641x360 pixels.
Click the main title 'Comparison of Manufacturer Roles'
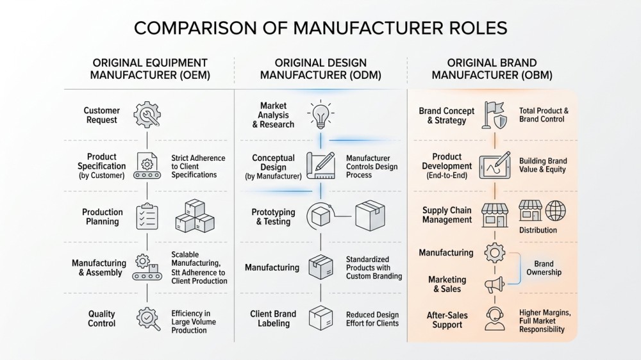320,28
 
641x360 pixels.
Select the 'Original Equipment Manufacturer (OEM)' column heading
150,69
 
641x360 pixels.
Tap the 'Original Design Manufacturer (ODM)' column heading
320,69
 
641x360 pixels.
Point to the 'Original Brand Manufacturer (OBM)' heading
492,69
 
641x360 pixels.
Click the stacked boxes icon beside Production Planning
194,217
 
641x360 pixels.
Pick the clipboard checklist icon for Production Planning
147,217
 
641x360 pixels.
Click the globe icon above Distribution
556,211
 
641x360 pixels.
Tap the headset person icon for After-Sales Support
495,318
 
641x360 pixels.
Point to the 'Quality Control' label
102,318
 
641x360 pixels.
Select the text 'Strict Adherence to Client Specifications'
194,166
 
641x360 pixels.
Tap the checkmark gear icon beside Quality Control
148,318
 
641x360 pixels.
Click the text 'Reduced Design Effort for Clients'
372,318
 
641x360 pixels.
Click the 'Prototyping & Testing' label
273,217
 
